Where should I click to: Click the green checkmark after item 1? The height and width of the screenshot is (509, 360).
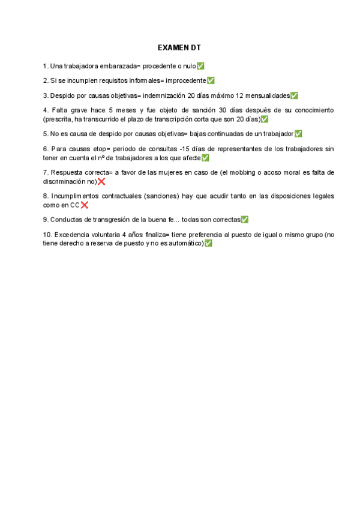200,65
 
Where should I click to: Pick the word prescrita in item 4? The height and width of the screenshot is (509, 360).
58,119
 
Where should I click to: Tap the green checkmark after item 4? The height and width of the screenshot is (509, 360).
265,119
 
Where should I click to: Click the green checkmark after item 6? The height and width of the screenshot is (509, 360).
205,158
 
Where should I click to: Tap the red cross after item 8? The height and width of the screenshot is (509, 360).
84,205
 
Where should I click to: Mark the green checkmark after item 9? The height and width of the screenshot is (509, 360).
244,220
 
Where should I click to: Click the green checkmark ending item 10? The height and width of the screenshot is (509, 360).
208,244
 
